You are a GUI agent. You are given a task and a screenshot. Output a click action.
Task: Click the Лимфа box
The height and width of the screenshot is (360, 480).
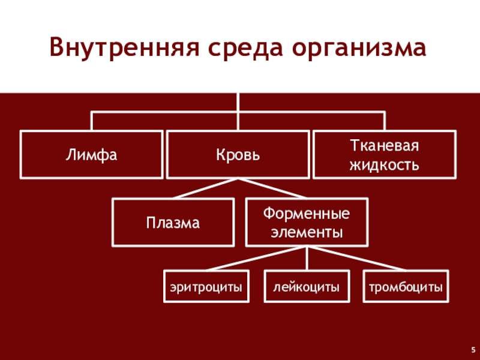click(91, 155)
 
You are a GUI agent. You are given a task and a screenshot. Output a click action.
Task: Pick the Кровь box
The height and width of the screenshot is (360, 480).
click(238, 155)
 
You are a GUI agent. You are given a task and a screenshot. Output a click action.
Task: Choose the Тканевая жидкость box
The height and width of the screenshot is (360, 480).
click(384, 155)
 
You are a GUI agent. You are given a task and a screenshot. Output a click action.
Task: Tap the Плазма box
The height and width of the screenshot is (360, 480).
click(173, 223)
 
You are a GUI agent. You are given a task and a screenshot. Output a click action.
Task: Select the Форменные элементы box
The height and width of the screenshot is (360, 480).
click(307, 223)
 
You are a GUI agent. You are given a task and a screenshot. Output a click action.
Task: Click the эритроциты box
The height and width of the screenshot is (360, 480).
click(206, 288)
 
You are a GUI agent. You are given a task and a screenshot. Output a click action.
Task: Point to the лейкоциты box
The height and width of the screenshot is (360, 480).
click(307, 288)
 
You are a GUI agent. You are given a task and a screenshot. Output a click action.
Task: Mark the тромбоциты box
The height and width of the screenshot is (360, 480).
click(406, 288)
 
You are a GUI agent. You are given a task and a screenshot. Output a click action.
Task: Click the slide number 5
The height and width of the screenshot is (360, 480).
click(473, 348)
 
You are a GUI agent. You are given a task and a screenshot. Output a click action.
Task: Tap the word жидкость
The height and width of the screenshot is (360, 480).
click(384, 163)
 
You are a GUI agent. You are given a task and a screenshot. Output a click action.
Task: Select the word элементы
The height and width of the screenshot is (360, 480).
click(307, 232)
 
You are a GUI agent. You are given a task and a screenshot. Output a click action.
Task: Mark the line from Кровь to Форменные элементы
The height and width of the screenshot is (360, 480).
click(273, 189)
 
